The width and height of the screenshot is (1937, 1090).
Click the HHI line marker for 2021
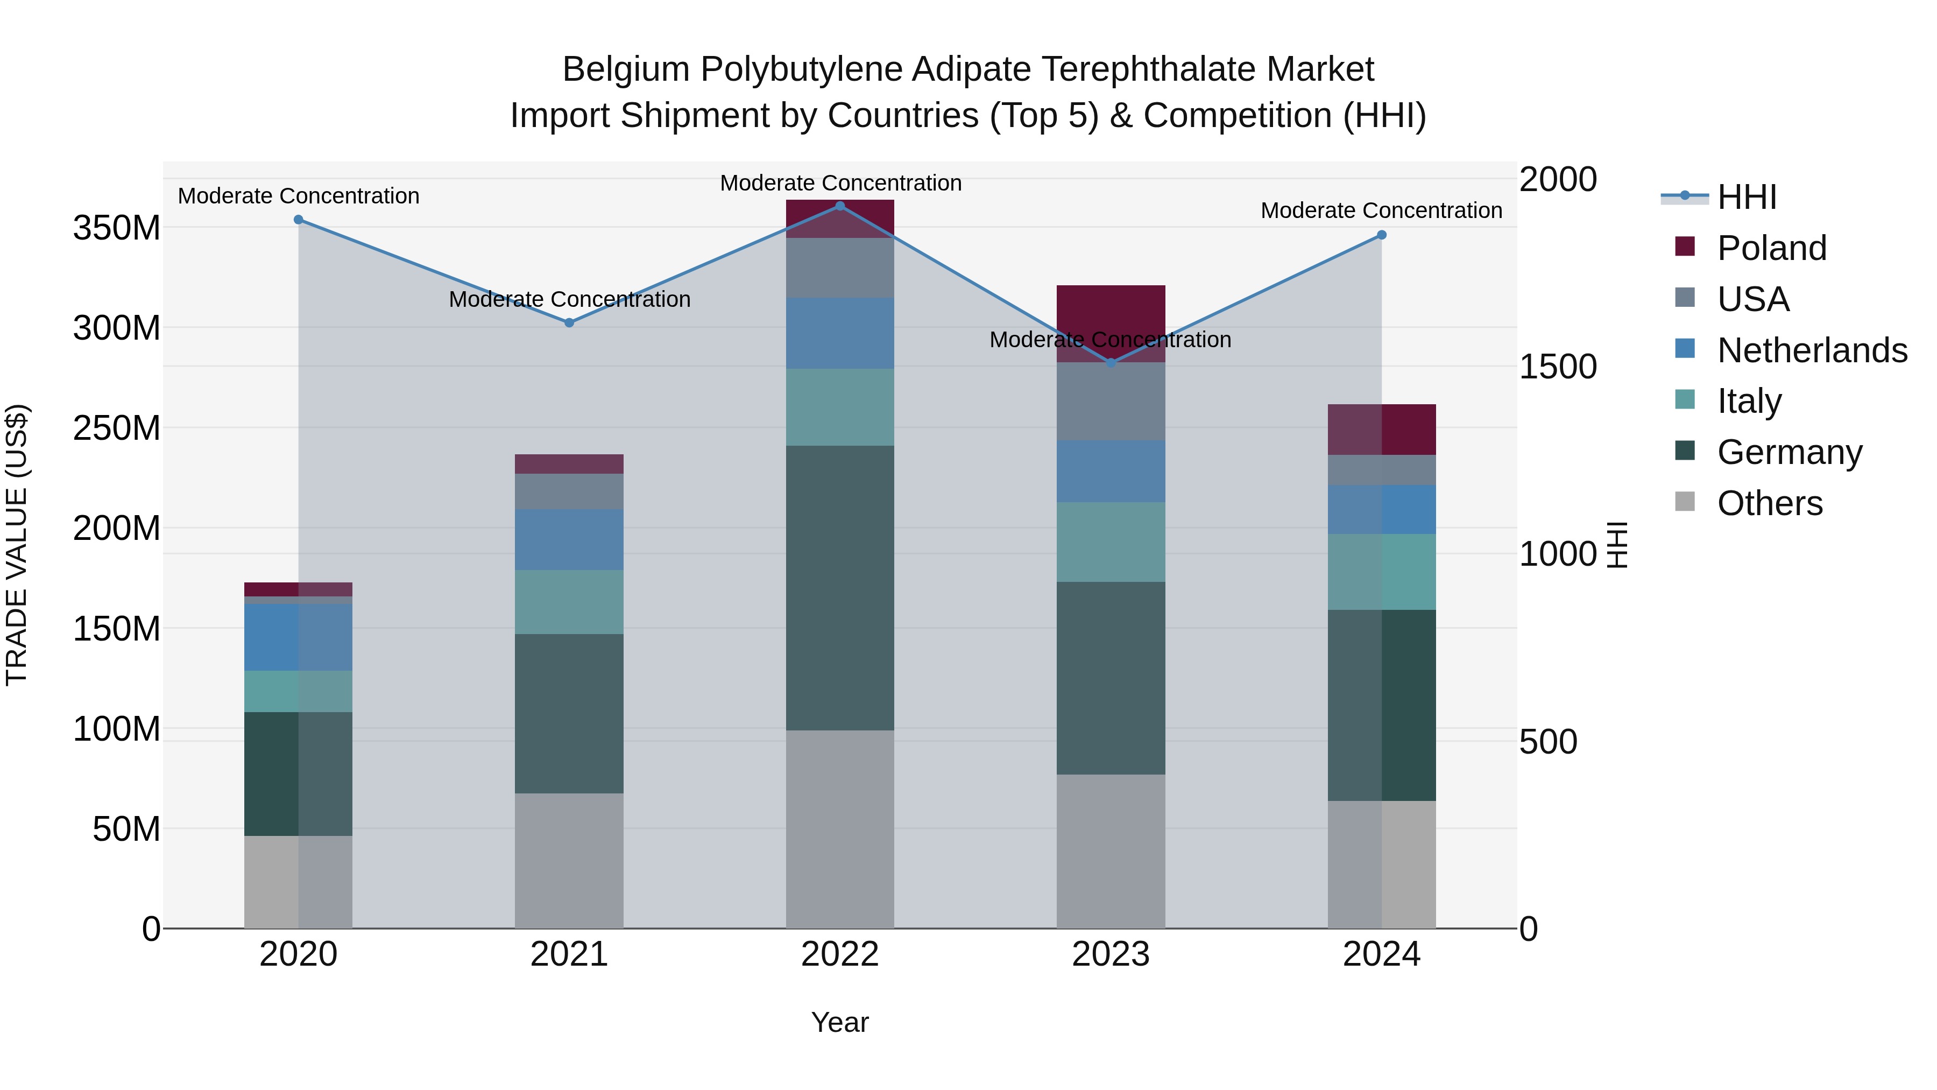click(569, 323)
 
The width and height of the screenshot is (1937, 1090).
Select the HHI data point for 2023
click(1111, 363)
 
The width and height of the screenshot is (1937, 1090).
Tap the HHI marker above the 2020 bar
click(299, 220)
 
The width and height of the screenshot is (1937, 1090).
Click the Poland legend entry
click(1771, 248)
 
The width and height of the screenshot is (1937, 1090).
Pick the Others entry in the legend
click(1769, 503)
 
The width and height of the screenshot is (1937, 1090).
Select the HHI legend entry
click(1746, 197)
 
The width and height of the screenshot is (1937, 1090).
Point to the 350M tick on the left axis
click(117, 228)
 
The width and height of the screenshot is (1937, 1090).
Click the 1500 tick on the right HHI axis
click(1557, 367)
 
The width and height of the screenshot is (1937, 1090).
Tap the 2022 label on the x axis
click(840, 954)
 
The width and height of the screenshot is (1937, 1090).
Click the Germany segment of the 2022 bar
click(840, 587)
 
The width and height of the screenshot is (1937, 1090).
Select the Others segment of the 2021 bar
click(569, 860)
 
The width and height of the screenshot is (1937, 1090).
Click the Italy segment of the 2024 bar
click(1381, 572)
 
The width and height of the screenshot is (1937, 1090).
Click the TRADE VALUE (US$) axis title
click(17, 545)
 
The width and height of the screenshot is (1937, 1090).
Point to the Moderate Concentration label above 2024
click(1381, 210)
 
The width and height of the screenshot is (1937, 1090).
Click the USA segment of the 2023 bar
click(1111, 402)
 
